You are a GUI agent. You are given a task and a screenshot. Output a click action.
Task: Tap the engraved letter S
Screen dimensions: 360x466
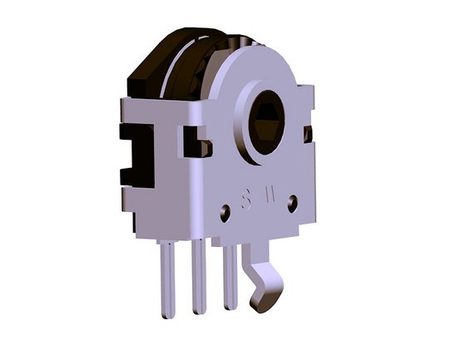245,200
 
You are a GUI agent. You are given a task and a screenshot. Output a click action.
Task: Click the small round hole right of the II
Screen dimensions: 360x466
293,200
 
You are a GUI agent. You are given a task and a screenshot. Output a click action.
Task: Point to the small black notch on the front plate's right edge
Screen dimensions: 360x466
308,133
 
